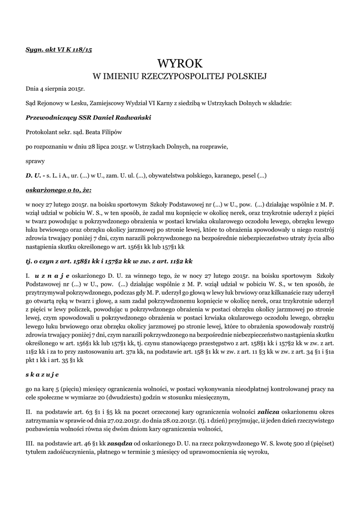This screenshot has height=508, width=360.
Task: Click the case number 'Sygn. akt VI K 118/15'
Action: click(59, 50)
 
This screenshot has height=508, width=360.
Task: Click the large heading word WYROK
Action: click(180, 63)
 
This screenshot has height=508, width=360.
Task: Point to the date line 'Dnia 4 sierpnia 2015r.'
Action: click(56, 89)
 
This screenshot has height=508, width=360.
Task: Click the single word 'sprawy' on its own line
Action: click(35, 161)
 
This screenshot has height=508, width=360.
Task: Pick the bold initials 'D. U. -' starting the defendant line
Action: click(35, 175)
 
